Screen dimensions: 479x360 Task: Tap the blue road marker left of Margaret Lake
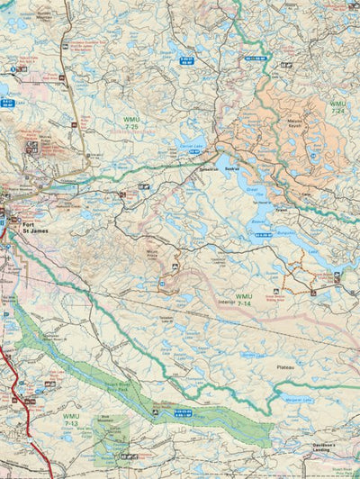[x=183, y=411]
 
